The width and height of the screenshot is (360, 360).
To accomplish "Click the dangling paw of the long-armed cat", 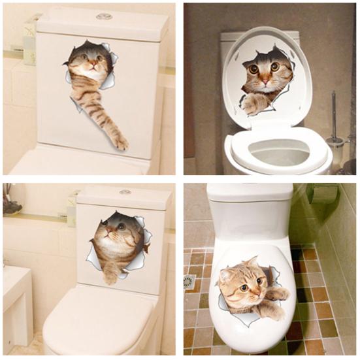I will tap(120, 140).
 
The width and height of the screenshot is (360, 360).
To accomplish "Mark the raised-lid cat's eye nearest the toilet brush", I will tap(275, 67).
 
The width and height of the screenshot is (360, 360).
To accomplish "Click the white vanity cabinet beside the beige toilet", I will tap(16, 307).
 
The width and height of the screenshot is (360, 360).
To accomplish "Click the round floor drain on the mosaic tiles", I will tap(189, 282).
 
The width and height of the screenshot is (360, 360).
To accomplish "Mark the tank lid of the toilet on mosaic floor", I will tap(250, 191).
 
